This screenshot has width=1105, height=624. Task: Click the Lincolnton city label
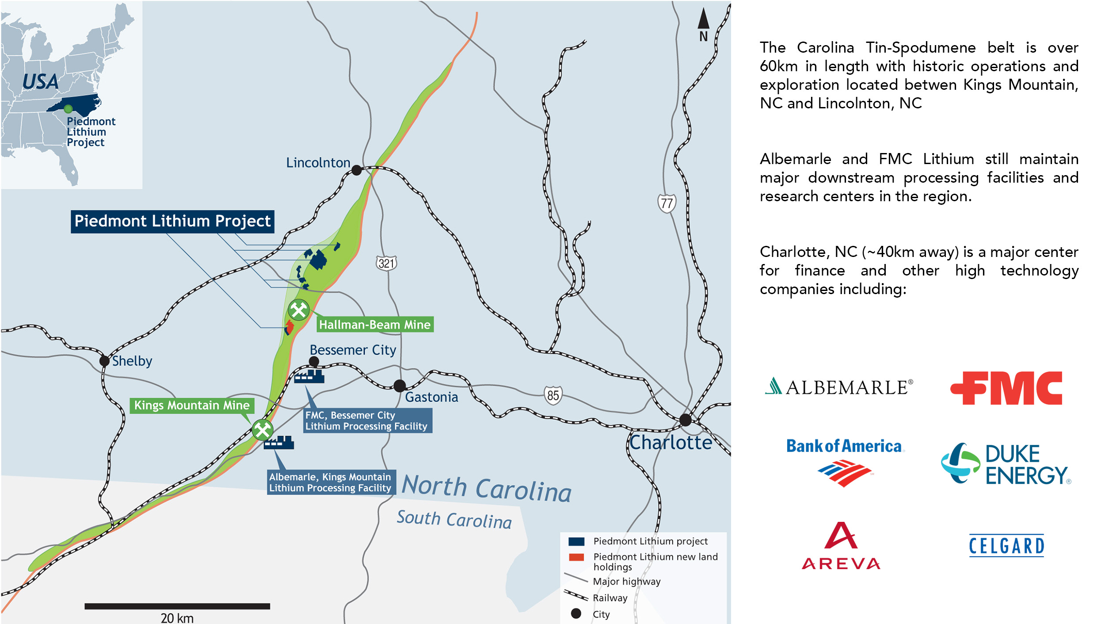pos(318,163)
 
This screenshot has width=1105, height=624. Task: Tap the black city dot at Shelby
pos(104,361)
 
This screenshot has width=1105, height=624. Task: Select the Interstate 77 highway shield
pos(667,203)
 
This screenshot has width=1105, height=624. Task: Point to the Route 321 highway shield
pos(386,264)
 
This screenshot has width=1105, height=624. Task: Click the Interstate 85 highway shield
pos(553,395)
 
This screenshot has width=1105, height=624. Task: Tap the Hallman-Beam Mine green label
pos(375,325)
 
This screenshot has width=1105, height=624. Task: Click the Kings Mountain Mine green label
pos(192,406)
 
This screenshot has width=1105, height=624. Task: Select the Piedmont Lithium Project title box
pos(172,221)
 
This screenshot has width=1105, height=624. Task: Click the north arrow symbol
pos(703,24)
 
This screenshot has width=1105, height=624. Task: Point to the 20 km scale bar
pos(177,606)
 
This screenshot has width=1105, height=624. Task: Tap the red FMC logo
pos(1006,388)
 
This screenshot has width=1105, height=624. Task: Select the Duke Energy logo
pos(1006,464)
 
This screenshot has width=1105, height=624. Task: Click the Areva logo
pos(841,546)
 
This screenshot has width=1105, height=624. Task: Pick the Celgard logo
pos(1006,546)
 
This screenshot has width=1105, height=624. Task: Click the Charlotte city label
pos(671,443)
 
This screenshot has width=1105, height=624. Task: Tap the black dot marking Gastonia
pos(400,386)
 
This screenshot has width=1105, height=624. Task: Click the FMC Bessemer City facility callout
pos(367,421)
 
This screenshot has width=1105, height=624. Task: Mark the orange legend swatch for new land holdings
pos(576,557)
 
